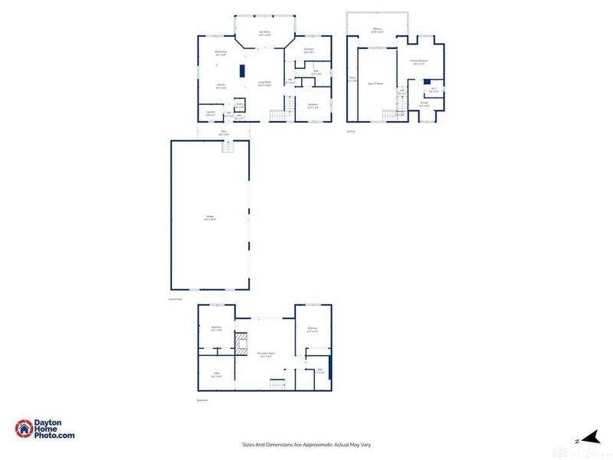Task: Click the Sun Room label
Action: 264,33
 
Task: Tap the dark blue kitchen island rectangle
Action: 243,71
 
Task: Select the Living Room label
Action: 265,84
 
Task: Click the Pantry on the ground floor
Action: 239,105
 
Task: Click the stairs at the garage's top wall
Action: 227,147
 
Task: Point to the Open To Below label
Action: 376,82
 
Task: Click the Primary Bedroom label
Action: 418,61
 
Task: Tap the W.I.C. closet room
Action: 433,89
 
